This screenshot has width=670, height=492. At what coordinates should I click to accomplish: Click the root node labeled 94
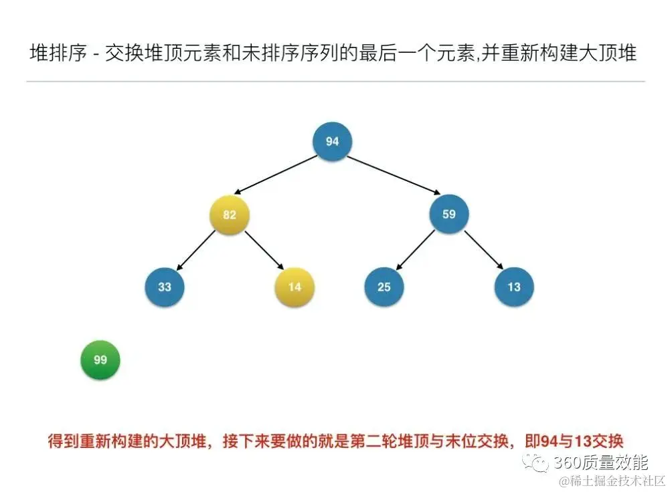[332, 141]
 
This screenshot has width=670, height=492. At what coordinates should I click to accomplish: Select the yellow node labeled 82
[230, 215]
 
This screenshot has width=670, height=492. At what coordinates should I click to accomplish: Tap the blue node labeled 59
[448, 215]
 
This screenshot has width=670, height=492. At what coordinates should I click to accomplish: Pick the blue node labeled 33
[165, 287]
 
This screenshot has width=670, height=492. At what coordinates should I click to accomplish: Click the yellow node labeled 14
[295, 287]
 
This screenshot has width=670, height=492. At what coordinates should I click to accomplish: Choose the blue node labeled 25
[384, 287]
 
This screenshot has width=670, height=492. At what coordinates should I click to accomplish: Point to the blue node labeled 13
[513, 287]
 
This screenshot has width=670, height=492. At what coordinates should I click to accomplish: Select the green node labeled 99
[100, 360]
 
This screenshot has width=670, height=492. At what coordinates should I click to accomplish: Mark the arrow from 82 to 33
[196, 251]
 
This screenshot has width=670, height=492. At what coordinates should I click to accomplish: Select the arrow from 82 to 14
[262, 251]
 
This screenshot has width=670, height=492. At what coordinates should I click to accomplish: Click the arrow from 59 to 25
[416, 251]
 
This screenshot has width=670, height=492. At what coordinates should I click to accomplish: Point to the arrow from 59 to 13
[481, 251]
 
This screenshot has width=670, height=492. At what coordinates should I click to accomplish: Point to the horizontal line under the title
[335, 82]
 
